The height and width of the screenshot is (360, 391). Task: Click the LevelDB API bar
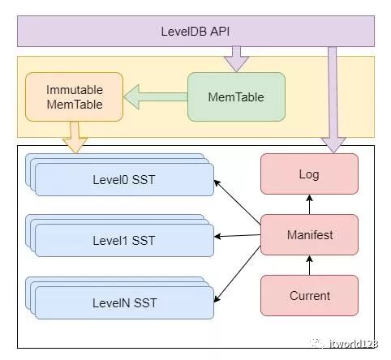tap(195, 31)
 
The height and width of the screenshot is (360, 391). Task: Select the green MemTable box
tap(236, 97)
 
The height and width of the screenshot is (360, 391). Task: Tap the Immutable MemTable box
tap(74, 97)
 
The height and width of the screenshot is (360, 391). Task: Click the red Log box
tap(309, 174)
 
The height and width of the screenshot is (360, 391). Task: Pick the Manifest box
tap(309, 235)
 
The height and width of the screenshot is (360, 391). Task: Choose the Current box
tap(309, 295)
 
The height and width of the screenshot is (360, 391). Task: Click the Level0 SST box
tap(123, 179)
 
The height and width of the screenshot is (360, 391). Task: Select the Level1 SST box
tap(123, 240)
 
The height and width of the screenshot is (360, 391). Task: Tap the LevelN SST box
tap(123, 302)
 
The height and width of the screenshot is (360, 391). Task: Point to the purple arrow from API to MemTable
tap(236, 58)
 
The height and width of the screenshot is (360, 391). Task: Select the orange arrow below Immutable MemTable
tap(75, 137)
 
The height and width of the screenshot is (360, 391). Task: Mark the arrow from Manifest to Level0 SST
tap(237, 204)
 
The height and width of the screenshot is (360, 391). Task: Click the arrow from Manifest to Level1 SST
tap(237, 236)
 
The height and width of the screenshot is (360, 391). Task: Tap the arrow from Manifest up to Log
tap(309, 204)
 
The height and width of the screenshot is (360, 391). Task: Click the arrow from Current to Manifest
tap(309, 265)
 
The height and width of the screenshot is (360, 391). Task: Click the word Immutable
tap(74, 89)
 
